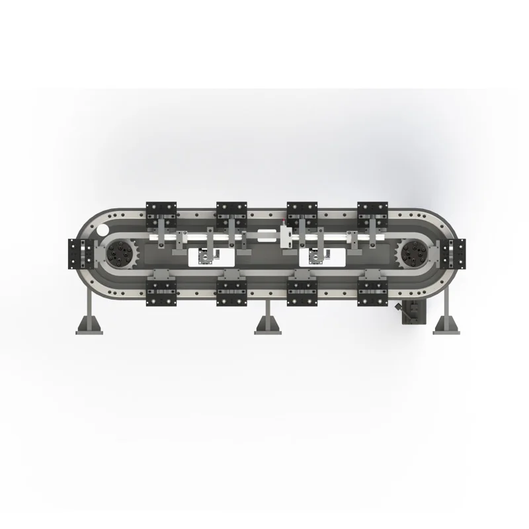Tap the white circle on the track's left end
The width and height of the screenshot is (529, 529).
pos(104,230)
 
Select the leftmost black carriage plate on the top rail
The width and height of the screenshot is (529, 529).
pos(161,212)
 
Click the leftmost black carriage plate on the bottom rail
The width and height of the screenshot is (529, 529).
pos(161,289)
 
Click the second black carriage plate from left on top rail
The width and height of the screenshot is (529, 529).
pos(231,212)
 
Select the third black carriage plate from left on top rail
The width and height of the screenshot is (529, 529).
pos(302,212)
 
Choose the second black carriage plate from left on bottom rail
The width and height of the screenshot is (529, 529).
pos(231,289)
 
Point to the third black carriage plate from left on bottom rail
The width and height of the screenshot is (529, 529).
pos(302,289)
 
